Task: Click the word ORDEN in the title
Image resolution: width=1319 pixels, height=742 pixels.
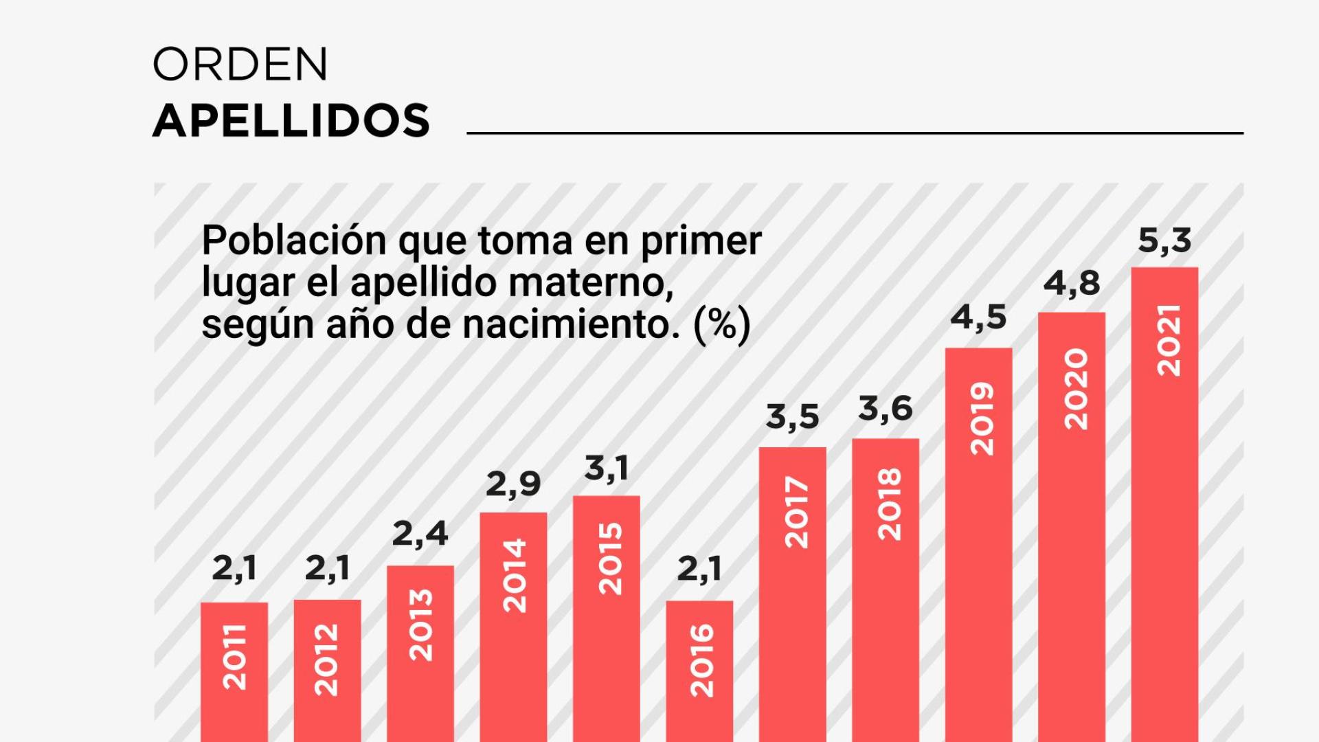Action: click(240, 65)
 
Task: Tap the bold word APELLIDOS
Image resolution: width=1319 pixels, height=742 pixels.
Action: click(291, 121)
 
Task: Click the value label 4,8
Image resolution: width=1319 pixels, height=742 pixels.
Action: click(1072, 284)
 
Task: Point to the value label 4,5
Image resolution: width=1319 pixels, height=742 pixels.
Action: click(978, 318)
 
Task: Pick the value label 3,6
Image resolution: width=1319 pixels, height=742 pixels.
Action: click(885, 409)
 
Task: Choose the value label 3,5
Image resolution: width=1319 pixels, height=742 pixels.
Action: click(792, 418)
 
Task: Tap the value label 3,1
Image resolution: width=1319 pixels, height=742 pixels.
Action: click(606, 469)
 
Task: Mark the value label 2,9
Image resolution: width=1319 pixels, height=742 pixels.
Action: click(513, 485)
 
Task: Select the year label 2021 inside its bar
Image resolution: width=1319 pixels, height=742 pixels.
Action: click(1168, 341)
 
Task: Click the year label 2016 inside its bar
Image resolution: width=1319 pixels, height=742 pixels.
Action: click(701, 660)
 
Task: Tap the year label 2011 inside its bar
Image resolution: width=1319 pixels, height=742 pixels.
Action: click(235, 656)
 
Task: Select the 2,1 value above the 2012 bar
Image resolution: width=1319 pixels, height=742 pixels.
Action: click(327, 569)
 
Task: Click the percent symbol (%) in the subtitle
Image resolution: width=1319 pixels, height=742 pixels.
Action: click(722, 324)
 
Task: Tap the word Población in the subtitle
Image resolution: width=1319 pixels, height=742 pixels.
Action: click(293, 242)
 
